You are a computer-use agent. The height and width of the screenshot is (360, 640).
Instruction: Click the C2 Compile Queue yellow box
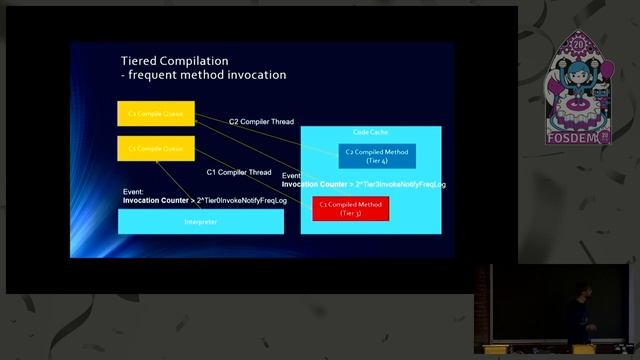coord(155,114)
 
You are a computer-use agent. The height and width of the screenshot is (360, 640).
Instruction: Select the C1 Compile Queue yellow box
coord(155,148)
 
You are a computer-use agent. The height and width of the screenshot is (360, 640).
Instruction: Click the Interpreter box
coord(200,221)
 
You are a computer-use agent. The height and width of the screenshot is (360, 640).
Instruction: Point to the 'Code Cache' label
coord(371,133)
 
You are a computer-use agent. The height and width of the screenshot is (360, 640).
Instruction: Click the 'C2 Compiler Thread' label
coord(261,122)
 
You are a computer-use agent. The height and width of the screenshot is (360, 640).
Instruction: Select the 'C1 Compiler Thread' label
coord(239,172)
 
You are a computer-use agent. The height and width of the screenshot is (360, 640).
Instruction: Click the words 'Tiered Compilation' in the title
coord(174,61)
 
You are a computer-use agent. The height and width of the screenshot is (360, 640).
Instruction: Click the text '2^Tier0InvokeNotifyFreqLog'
coord(235,200)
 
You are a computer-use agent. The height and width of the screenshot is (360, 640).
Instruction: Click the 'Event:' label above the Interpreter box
coord(133,191)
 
